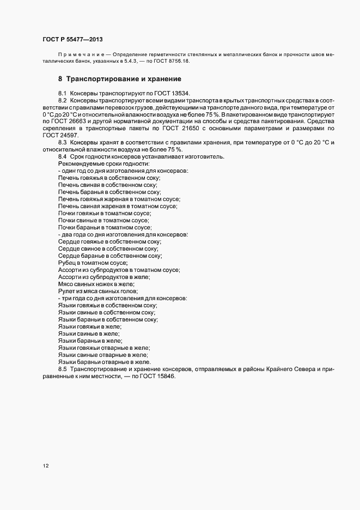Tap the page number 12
(x=45, y=466)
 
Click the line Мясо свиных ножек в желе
(x=96, y=284)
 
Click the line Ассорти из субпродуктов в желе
(x=103, y=277)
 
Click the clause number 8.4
(x=62, y=157)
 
